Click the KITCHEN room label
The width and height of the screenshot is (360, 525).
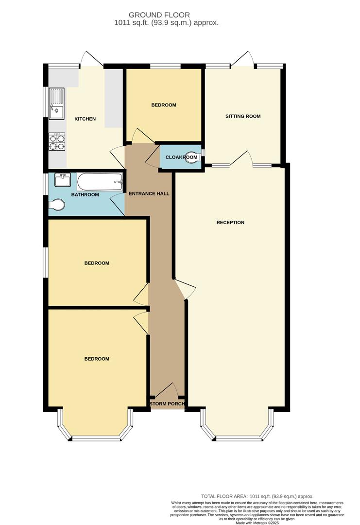(x=85, y=119)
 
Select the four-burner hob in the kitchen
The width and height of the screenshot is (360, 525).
(x=56, y=141)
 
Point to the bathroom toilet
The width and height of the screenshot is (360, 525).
(x=57, y=206)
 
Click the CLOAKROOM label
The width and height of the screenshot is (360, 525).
(x=181, y=157)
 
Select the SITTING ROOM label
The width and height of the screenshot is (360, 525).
(x=243, y=116)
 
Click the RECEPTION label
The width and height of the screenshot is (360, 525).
(x=230, y=223)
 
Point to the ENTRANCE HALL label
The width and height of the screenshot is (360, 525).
(x=149, y=193)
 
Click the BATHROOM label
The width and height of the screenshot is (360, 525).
(x=85, y=195)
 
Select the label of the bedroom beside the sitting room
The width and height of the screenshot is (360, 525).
(x=163, y=105)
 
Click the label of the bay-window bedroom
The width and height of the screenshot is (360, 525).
(x=97, y=359)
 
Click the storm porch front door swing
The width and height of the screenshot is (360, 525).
(x=167, y=389)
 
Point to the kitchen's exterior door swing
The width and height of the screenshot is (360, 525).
(x=91, y=58)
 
